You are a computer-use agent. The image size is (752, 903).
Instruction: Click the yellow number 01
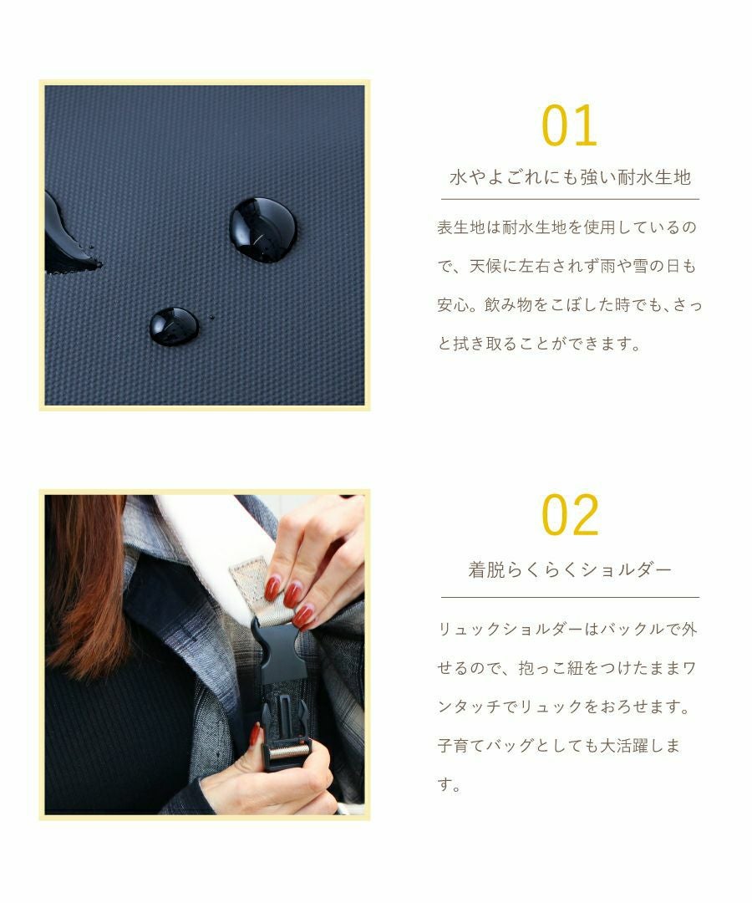(570, 126)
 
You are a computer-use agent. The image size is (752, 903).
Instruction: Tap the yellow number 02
(570, 515)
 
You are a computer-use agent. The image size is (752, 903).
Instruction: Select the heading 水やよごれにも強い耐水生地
(570, 177)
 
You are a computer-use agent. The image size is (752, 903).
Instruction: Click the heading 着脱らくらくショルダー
(570, 570)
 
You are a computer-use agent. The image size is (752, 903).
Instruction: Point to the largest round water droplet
(262, 230)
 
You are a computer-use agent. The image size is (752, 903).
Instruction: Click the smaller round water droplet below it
(174, 326)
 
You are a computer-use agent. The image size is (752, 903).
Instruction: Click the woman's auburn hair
(84, 585)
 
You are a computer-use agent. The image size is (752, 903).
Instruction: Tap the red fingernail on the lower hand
(255, 736)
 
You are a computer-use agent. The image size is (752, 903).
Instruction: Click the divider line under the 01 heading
(570, 199)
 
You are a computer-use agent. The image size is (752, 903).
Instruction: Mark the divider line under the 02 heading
(570, 597)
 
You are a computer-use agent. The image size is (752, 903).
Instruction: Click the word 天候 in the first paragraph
(485, 266)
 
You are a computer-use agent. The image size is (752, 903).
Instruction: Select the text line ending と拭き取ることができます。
(538, 344)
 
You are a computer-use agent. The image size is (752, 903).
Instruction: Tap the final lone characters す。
(449, 785)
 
